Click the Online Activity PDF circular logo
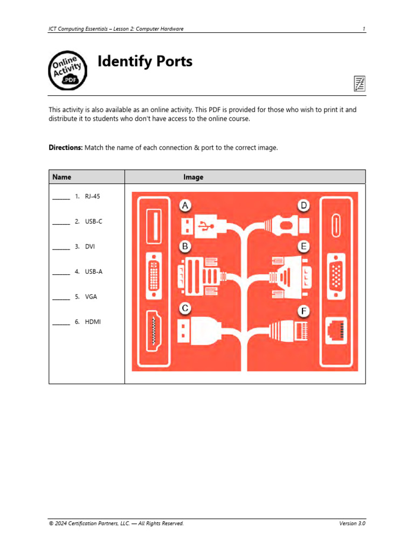67,71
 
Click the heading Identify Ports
144,62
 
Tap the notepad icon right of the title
359,83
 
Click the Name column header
61,177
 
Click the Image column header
193,177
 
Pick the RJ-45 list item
92,196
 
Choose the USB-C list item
93,222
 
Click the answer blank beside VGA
61,298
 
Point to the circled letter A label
185,205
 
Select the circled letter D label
304,205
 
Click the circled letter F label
304,312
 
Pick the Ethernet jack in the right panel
337,330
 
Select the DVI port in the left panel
154,277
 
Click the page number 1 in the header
364,29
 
